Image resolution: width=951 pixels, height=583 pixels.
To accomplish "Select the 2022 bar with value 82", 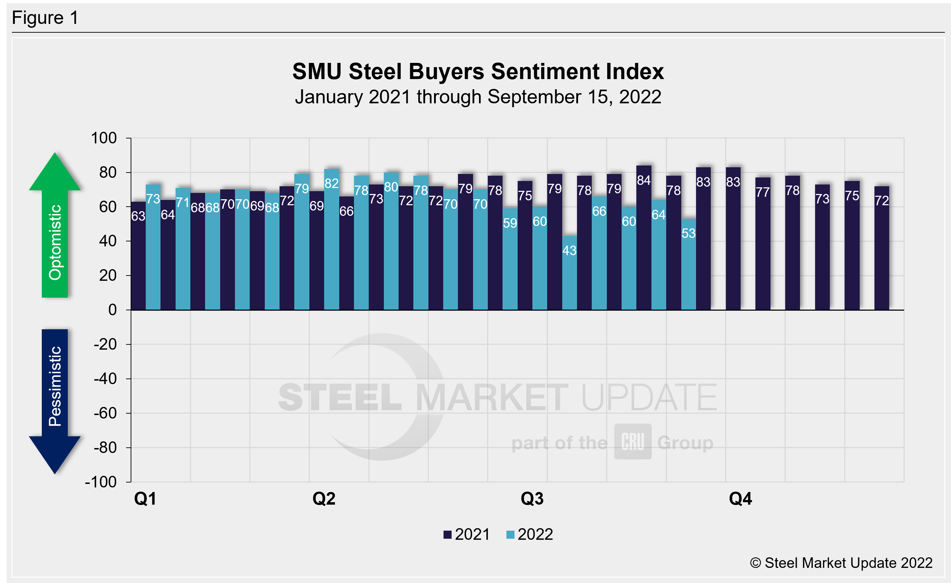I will pyautogui.click(x=332, y=239).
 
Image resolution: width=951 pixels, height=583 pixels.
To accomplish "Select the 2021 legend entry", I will pyautogui.click(x=467, y=535).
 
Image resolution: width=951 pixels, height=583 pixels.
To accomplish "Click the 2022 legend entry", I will pyautogui.click(x=530, y=535).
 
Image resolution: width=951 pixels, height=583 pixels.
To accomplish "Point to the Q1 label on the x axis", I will pyautogui.click(x=145, y=499).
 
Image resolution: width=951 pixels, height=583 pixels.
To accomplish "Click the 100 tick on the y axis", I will pyautogui.click(x=104, y=138).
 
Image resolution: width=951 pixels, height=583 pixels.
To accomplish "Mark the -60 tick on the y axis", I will pyautogui.click(x=105, y=413).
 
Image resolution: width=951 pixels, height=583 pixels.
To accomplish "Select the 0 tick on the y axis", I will pyautogui.click(x=112, y=310).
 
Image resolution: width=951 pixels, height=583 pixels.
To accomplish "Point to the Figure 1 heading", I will pyautogui.click(x=45, y=18).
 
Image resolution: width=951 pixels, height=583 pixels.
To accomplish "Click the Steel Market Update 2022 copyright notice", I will pyautogui.click(x=841, y=563).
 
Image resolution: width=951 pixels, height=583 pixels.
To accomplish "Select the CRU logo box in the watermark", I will pyautogui.click(x=632, y=441).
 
